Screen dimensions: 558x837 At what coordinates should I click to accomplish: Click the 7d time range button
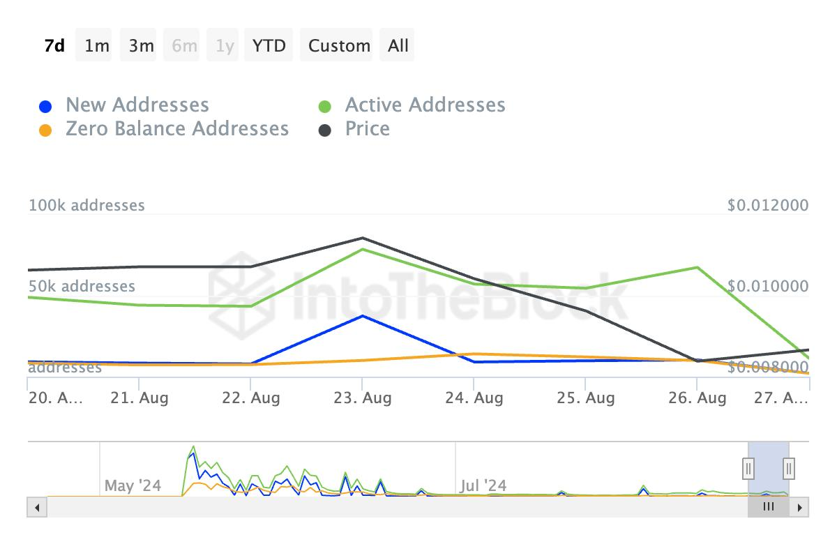(x=54, y=45)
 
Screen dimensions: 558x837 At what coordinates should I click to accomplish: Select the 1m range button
(x=97, y=45)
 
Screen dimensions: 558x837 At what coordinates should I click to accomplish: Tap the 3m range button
(x=141, y=45)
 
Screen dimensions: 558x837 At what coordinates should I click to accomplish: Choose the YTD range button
(x=269, y=45)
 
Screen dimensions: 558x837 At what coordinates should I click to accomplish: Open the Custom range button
(x=339, y=45)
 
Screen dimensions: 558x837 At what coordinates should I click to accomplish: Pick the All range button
(x=398, y=45)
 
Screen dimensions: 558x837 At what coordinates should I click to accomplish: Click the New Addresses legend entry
(x=137, y=105)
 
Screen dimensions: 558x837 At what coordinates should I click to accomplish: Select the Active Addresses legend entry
(x=425, y=105)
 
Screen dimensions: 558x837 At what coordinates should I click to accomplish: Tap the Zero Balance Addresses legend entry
(x=176, y=129)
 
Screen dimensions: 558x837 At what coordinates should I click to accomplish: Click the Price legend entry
(x=367, y=129)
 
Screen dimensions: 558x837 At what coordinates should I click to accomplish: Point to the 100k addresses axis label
(x=86, y=205)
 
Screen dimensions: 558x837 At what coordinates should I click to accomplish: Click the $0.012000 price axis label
(x=768, y=205)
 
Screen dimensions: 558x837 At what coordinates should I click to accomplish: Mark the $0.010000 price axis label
(x=768, y=286)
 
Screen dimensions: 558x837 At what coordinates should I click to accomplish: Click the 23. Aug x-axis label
(x=362, y=398)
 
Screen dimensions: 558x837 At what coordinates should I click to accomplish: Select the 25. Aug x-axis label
(x=585, y=398)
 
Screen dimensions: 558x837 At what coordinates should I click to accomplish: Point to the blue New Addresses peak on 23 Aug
(x=362, y=316)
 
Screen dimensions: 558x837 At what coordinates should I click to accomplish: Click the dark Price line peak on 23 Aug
(x=363, y=239)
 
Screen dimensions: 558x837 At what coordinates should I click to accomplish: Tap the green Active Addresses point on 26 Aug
(x=697, y=267)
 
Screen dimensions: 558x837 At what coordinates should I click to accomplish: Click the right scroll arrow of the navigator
(x=800, y=507)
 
